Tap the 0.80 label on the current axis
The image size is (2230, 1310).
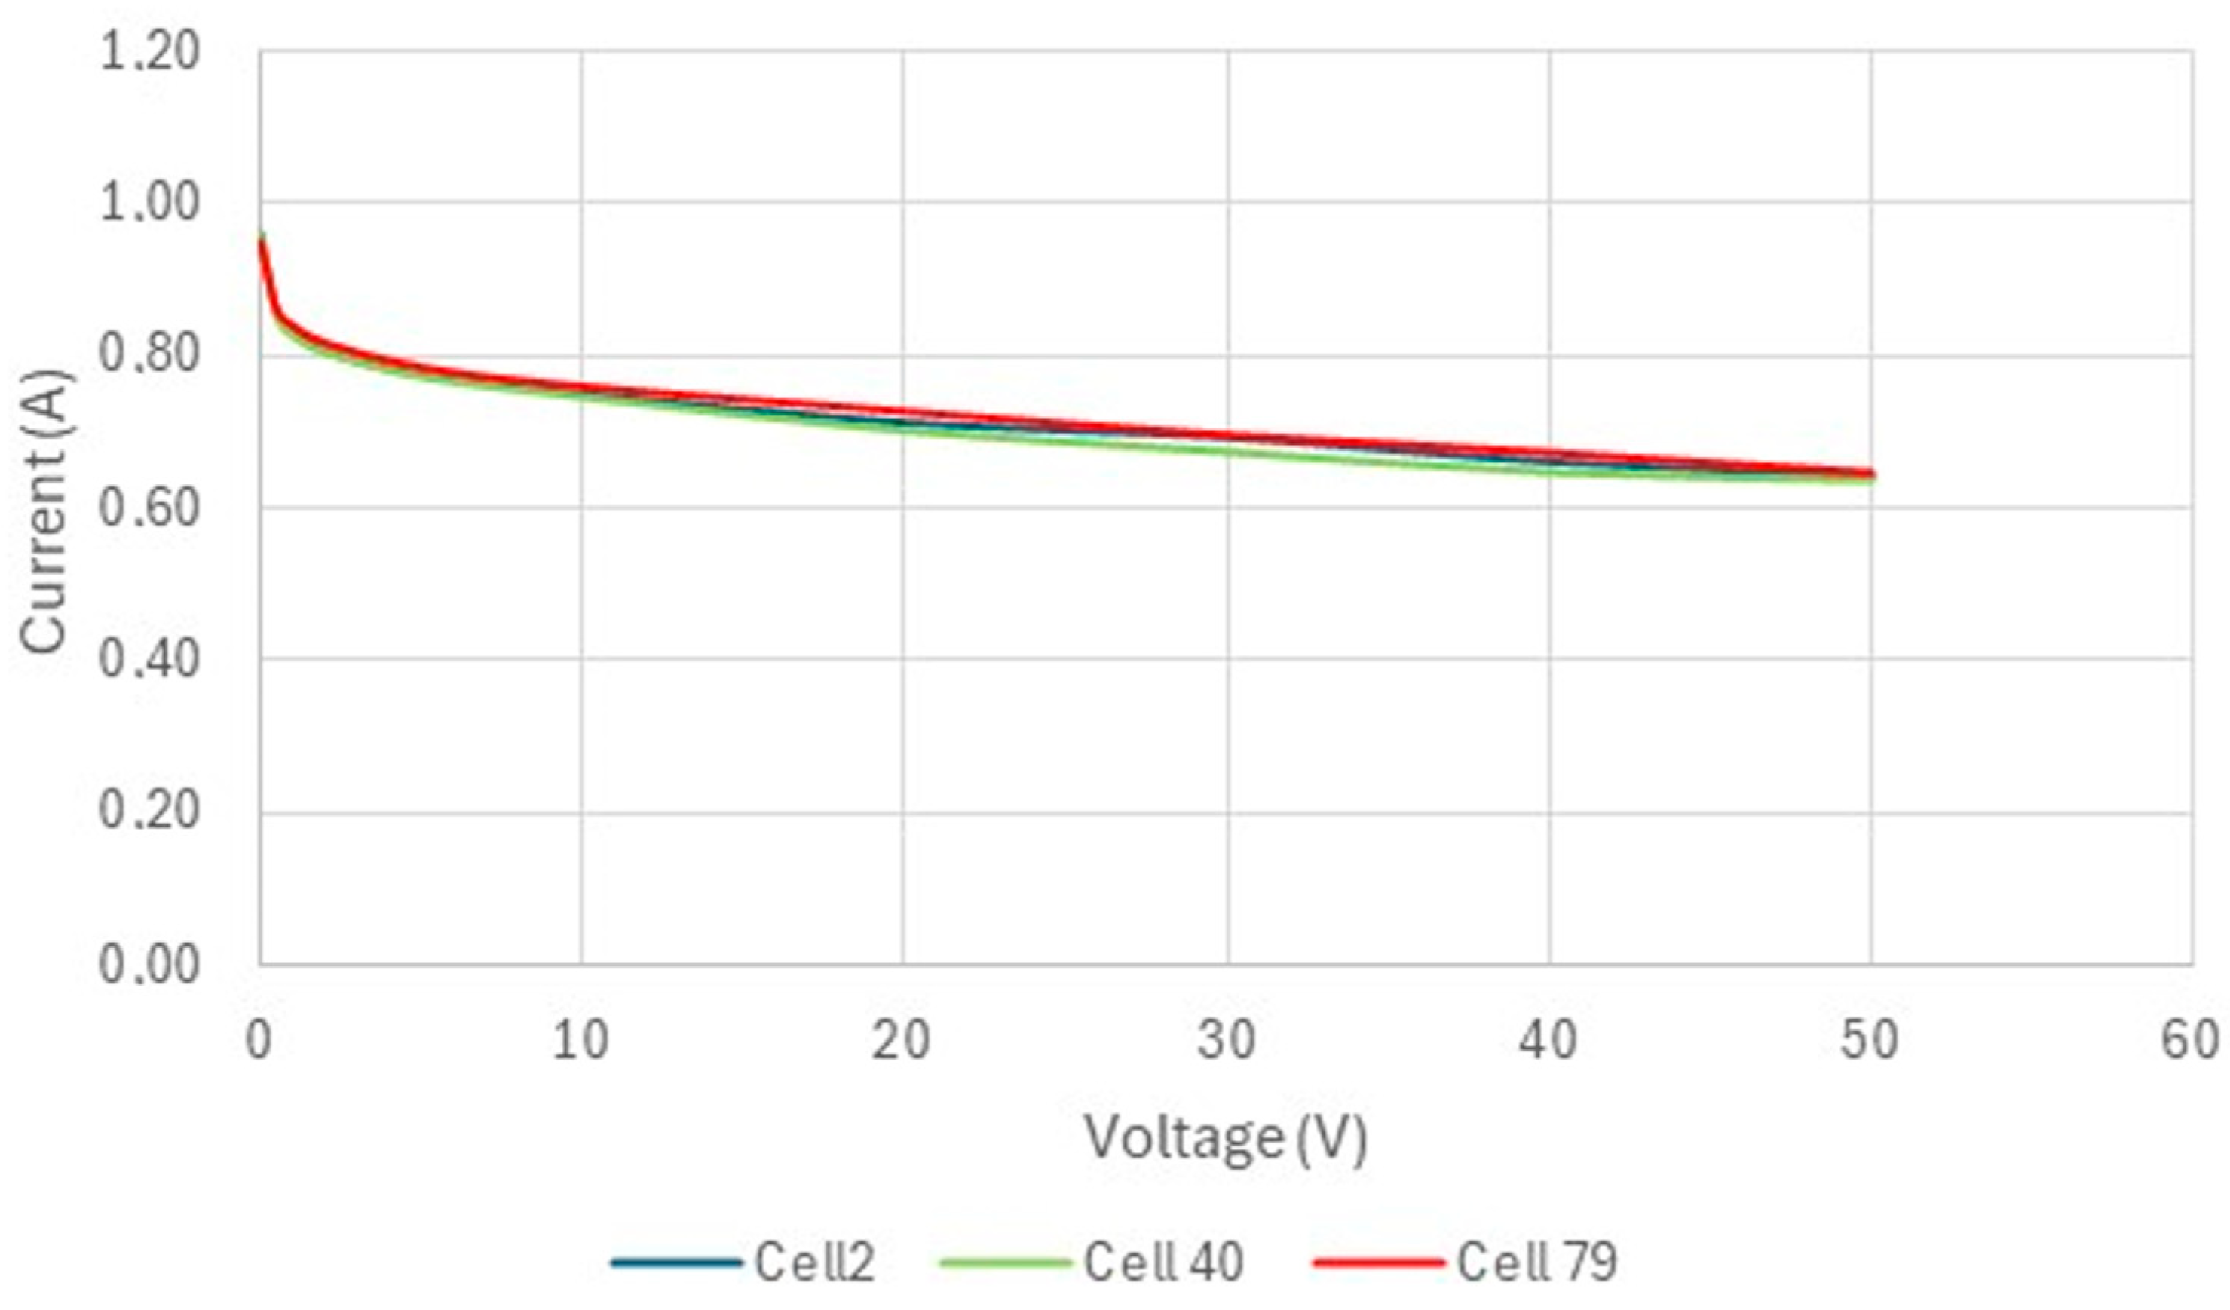[149, 355]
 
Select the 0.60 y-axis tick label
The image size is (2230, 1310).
[149, 509]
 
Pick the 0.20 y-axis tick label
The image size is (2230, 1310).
[149, 811]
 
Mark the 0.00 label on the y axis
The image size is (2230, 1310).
[149, 965]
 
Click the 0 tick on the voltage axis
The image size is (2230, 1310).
[259, 1041]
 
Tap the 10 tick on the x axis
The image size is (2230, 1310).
[580, 1041]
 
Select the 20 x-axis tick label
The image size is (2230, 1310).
[902, 1041]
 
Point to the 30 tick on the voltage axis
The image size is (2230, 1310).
[1227, 1041]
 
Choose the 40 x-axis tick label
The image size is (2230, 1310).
[1548, 1041]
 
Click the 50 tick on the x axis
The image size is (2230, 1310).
[1870, 1041]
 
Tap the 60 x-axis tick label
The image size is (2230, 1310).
[2191, 1041]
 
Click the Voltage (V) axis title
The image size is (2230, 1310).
[1227, 1138]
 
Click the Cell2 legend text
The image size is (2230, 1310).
[814, 1261]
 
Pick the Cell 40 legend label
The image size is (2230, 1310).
[1164, 1261]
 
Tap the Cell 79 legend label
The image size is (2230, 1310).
[1537, 1261]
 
